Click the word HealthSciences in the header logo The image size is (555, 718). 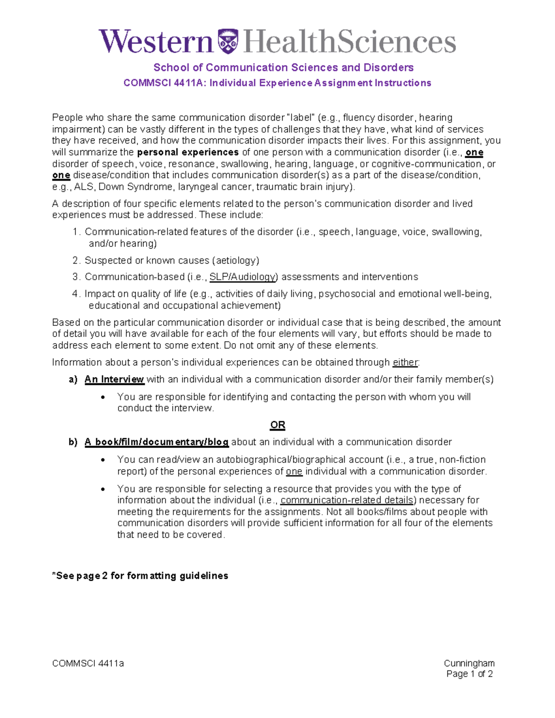pos(349,42)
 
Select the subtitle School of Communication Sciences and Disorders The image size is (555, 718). pos(283,68)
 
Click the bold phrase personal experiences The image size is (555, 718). pos(188,152)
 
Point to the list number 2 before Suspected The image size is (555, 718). pos(76,260)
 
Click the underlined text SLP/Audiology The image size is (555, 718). pos(243,277)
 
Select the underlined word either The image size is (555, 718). pos(405,362)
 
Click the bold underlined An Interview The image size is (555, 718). pos(114,380)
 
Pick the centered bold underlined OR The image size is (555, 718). pos(277,425)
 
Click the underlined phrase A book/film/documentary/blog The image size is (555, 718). pos(156,442)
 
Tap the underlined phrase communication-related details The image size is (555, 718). pos(347,500)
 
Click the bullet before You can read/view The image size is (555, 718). pos(103,460)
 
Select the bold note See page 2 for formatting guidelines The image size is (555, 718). pos(140,576)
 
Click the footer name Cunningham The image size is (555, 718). pos(469,663)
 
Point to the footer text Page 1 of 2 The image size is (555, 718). pos(469,674)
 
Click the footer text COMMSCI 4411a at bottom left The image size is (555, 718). pos(88,663)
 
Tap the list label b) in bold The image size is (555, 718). pos(73,442)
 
